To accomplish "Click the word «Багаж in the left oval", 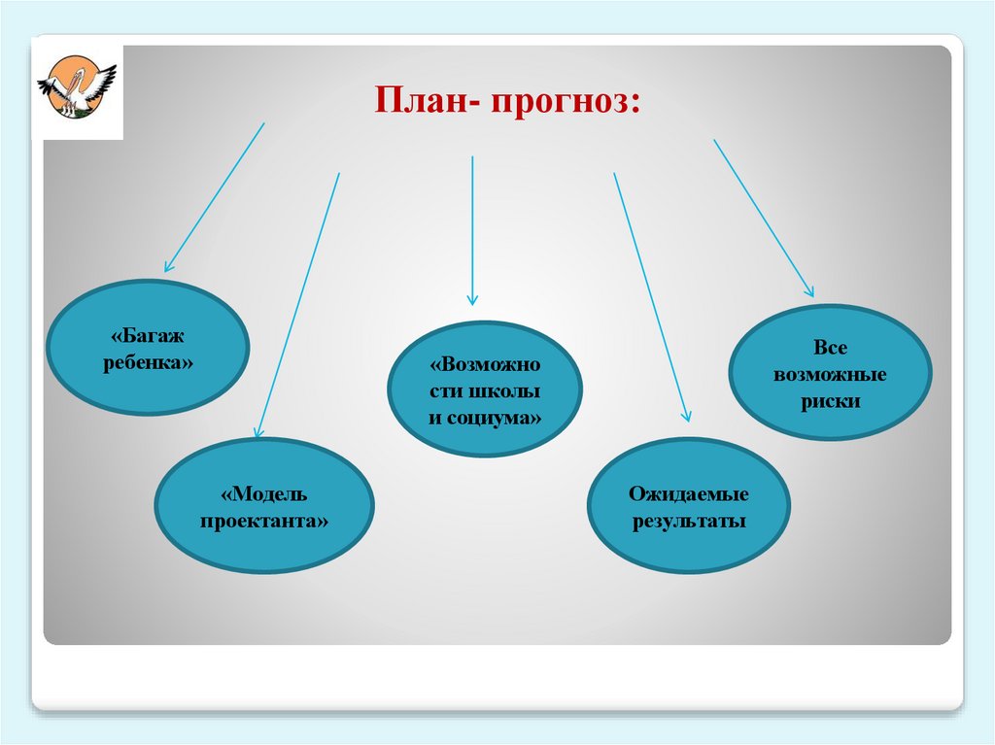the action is click(148, 336).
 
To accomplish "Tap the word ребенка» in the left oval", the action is click(148, 362).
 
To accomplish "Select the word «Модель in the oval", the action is click(264, 494).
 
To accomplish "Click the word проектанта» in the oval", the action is click(264, 521).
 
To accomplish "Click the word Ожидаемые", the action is click(689, 494).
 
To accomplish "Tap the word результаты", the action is click(689, 522).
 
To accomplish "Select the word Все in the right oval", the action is click(831, 348).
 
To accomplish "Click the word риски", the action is click(831, 401).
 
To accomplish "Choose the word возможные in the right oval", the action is click(831, 374).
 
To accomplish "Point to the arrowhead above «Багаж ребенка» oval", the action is click(168, 265).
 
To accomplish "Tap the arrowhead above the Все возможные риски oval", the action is click(809, 290).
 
